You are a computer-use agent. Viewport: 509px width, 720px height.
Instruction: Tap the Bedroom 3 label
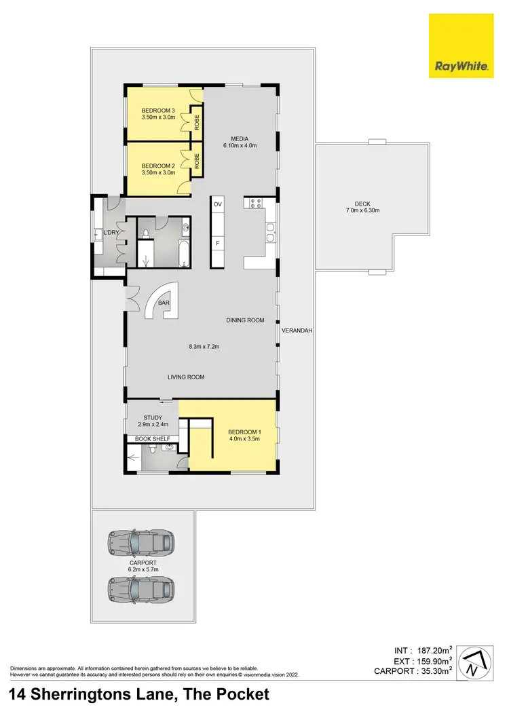[x=158, y=111]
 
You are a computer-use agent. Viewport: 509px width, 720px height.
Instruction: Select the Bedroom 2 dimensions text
[x=158, y=173]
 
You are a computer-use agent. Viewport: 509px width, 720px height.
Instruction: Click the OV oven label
[x=218, y=204]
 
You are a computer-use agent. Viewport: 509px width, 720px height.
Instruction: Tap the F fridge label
[x=218, y=242]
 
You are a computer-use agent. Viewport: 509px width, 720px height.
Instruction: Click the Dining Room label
[x=245, y=320]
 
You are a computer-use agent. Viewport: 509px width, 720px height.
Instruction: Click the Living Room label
[x=186, y=377]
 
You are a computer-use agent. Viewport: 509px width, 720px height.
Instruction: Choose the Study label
[x=151, y=418]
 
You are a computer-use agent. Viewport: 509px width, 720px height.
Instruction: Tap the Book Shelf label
[x=152, y=439]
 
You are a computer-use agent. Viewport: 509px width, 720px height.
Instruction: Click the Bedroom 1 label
[x=244, y=432]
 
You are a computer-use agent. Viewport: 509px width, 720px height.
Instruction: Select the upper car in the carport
[x=142, y=543]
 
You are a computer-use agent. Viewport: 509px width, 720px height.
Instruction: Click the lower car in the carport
[x=142, y=586]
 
